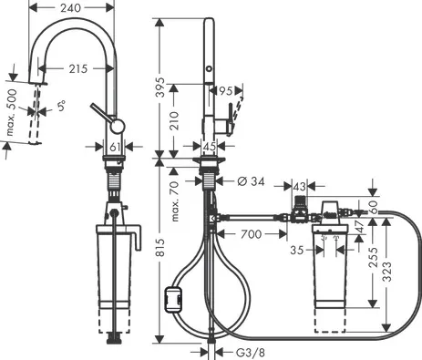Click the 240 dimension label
pos(71,8)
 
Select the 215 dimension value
pos(78,69)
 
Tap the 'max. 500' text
pos(12,112)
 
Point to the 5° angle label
pos(62,106)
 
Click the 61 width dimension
pos(115,148)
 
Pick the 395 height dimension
pos(160,87)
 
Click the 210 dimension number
pos(174,121)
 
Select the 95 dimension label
pos(226,90)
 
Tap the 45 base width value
pos(210,147)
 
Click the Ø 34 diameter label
pos(251,181)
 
